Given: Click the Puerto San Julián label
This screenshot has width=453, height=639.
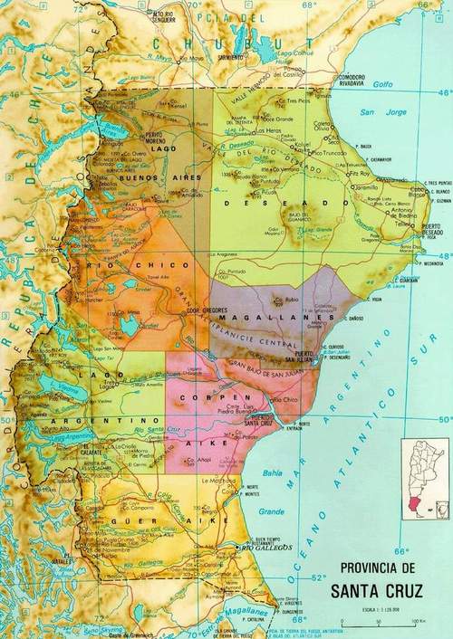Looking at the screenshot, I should pyautogui.click(x=311, y=356).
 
